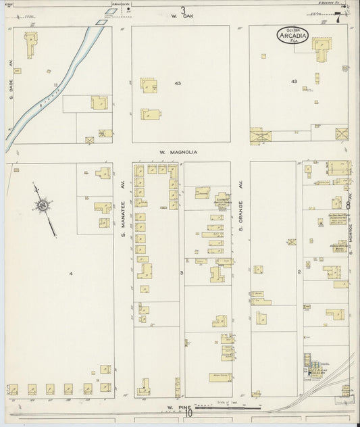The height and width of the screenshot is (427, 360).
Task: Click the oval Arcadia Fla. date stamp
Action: (292, 34)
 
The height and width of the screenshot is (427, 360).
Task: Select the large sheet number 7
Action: (337, 18)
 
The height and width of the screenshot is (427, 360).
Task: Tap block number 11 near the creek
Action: (57, 84)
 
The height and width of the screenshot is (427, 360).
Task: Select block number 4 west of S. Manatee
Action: (71, 274)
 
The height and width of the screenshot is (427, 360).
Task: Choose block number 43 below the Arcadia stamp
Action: (293, 82)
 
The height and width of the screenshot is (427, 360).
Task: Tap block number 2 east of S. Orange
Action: (298, 272)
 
